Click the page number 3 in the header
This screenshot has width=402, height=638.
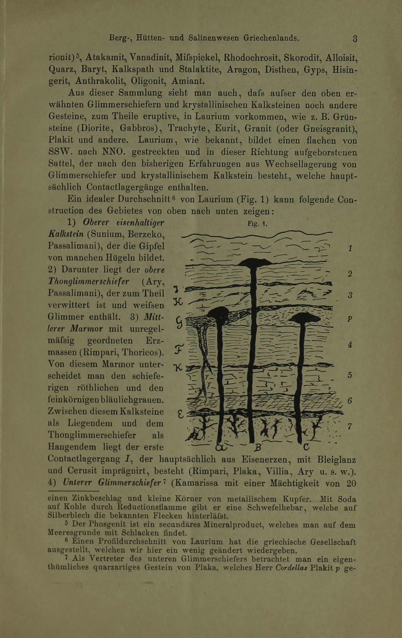click(x=355, y=39)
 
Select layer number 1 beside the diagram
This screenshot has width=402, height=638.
click(x=350, y=248)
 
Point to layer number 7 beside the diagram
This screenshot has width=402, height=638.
click(x=350, y=426)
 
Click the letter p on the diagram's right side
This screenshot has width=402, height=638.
click(x=350, y=319)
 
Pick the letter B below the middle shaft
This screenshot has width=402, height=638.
click(x=256, y=448)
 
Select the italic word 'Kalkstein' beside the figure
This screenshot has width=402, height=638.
click(x=66, y=234)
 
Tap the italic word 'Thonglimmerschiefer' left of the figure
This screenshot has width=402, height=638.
click(x=89, y=281)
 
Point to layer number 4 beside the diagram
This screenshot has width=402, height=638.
click(x=350, y=345)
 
